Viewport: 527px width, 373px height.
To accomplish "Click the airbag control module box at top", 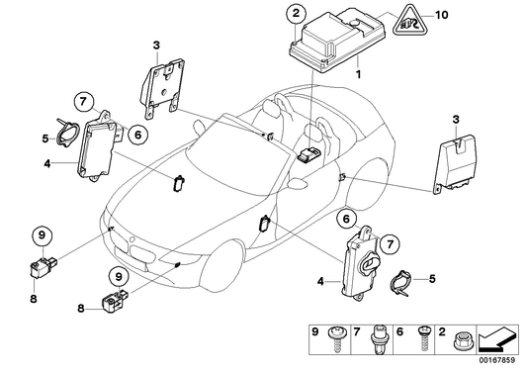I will (327, 45).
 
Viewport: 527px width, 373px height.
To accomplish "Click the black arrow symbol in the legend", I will (499, 341).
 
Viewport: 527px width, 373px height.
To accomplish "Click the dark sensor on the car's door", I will (266, 225).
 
